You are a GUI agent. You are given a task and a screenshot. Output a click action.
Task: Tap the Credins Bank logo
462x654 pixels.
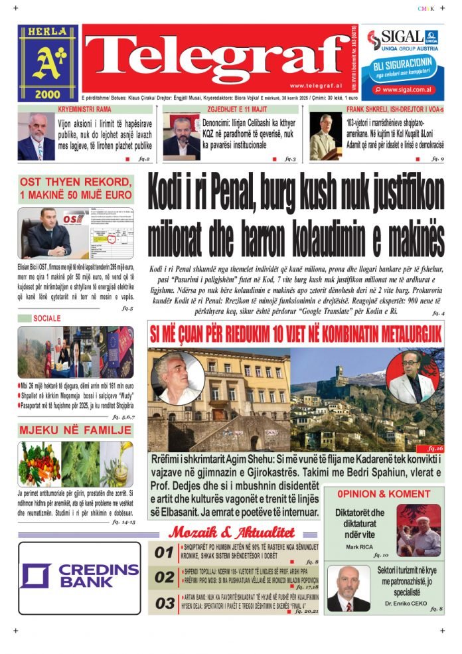(x=80, y=576)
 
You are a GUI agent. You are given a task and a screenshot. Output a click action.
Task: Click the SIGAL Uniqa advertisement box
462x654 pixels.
(x=404, y=63)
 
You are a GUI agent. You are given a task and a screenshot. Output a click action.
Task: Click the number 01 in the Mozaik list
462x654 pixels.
(x=164, y=552)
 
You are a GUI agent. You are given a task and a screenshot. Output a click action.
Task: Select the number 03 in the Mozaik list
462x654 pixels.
(x=164, y=603)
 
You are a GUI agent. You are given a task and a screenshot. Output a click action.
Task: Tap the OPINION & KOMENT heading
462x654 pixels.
(x=384, y=494)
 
